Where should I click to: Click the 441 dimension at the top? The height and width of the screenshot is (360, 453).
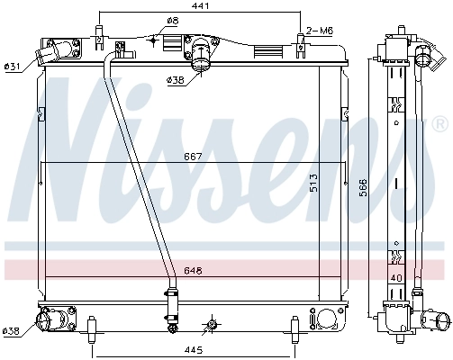(200, 6)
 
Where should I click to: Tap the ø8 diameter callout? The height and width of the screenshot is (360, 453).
(173, 22)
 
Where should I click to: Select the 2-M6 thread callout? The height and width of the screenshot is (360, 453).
(320, 31)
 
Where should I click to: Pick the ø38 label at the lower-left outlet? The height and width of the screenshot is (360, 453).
(13, 329)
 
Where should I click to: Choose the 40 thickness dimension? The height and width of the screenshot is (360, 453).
(396, 277)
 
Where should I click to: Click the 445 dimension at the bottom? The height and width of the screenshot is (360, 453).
(194, 349)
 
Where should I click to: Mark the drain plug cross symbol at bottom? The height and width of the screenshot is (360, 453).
(212, 324)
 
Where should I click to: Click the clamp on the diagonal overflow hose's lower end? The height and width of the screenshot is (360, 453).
(171, 292)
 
